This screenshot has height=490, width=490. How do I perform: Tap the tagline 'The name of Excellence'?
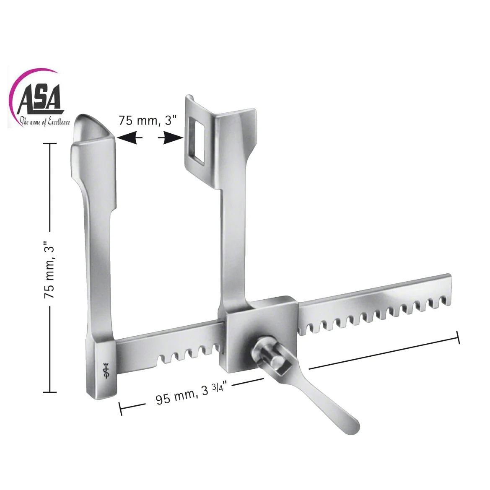[x=45, y=122]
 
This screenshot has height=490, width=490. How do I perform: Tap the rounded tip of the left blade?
[x=92, y=126]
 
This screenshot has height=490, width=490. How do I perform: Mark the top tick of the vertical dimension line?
[x=50, y=143]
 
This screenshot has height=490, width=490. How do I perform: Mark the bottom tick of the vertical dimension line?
[x=50, y=392]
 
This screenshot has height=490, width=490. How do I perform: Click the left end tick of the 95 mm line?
[x=121, y=408]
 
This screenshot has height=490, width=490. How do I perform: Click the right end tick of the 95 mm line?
[x=458, y=337]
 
